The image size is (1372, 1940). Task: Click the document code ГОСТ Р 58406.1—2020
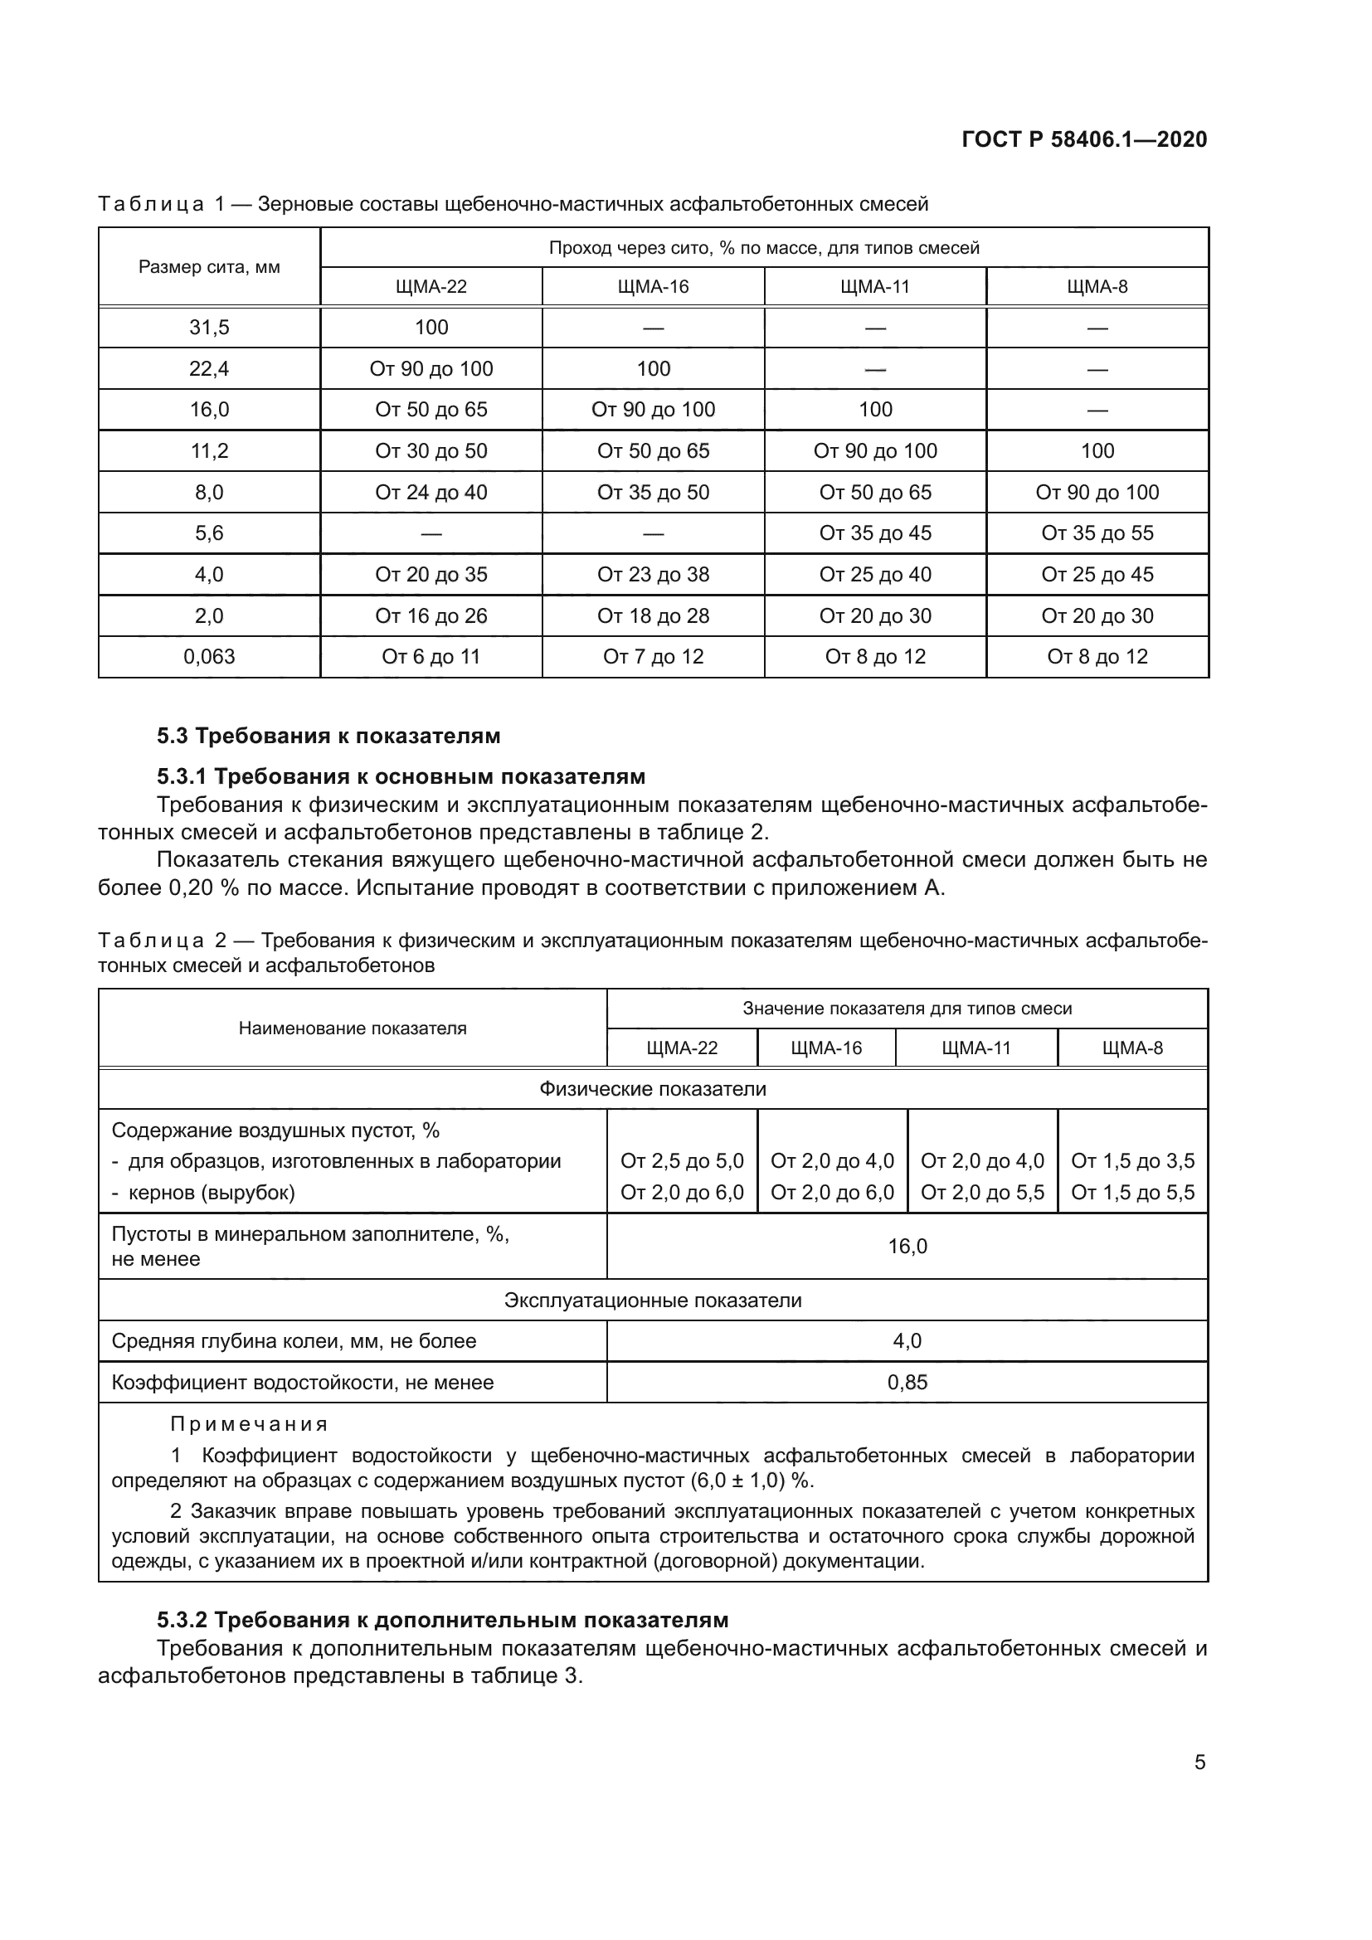click(1084, 139)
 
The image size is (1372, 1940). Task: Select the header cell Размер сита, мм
click(209, 267)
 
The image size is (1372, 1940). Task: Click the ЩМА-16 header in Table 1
click(653, 286)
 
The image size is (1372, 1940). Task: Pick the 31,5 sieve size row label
click(209, 328)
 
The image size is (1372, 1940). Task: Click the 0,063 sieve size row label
click(209, 657)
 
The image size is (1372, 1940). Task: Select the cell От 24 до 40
click(431, 492)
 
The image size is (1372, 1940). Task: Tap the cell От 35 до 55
click(1097, 533)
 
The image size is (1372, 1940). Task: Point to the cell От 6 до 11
click(431, 657)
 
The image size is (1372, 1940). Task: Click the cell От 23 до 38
click(653, 575)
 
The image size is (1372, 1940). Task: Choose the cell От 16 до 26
click(431, 616)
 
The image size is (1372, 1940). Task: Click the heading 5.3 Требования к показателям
click(328, 736)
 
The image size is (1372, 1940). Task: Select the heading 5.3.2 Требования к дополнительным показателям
click(442, 1620)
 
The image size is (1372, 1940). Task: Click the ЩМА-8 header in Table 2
click(1132, 1048)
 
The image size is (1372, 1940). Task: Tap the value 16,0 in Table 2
click(907, 1247)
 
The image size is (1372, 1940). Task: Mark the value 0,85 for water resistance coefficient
click(907, 1383)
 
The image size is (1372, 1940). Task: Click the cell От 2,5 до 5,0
click(682, 1161)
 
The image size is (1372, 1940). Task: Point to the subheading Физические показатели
click(653, 1089)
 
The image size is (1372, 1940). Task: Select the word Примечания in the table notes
click(249, 1425)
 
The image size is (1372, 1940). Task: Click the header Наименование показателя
click(353, 1028)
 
